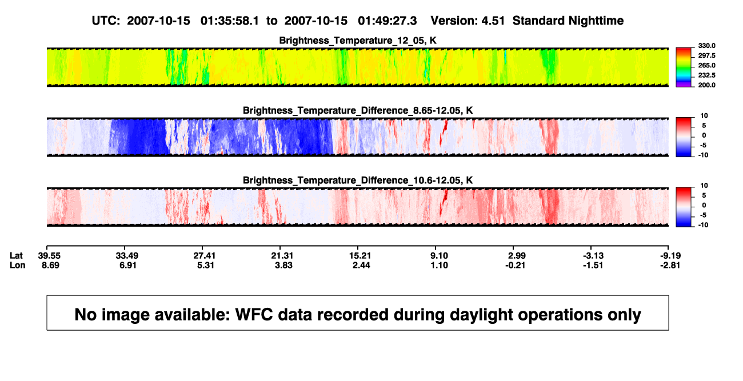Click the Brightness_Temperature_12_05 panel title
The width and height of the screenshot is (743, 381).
358,41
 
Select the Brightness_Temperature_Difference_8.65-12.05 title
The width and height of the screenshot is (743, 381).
358,110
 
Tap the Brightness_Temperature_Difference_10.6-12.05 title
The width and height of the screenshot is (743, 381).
358,181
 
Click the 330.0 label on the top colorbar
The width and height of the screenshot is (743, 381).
706,46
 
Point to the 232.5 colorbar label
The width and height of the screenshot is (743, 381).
706,75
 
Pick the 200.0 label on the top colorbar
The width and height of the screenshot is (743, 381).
706,85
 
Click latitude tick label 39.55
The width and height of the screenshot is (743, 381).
49,256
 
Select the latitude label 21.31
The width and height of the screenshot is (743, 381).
282,256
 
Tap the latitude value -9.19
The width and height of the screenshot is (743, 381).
670,256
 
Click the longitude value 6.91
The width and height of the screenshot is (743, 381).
128,265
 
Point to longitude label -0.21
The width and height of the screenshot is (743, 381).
515,265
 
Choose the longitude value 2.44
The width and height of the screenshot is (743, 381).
361,265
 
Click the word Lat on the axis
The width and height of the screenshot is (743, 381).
16,256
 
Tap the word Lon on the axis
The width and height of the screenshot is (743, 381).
17,265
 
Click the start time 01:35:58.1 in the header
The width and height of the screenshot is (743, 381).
230,21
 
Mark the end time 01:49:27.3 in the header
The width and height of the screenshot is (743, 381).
388,21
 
